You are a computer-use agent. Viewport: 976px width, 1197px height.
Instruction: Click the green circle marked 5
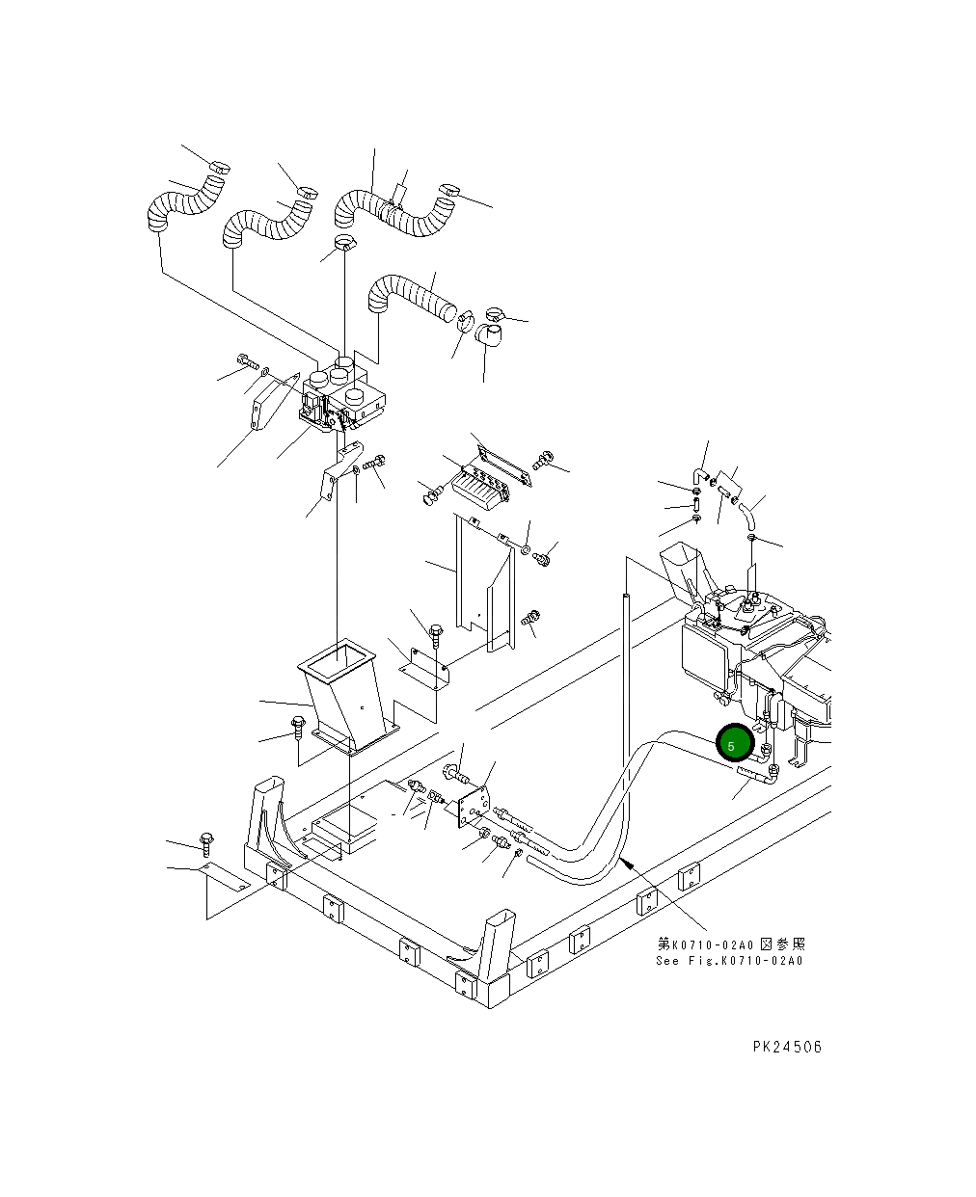click(x=735, y=744)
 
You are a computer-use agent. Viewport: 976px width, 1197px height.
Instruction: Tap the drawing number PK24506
click(x=787, y=1047)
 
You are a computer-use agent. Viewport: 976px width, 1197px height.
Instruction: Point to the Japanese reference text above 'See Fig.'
click(x=731, y=944)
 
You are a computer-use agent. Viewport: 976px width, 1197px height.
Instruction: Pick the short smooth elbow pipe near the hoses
click(x=489, y=337)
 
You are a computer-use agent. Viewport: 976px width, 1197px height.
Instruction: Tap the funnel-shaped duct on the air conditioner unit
click(x=681, y=570)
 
